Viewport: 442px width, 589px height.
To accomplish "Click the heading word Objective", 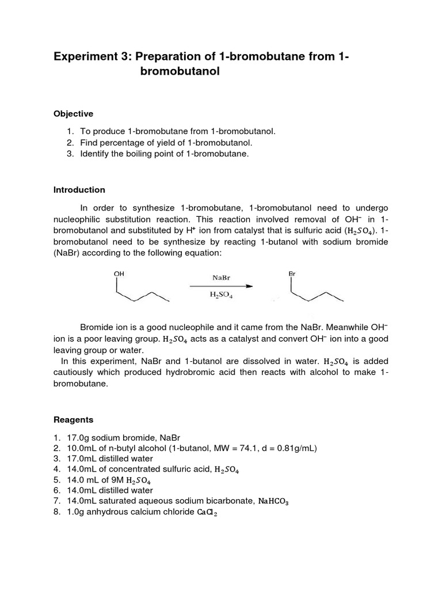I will [73, 114].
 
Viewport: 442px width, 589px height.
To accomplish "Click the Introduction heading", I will [79, 190].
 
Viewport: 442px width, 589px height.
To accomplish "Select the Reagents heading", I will [73, 420].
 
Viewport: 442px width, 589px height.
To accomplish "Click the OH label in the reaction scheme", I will [119, 274].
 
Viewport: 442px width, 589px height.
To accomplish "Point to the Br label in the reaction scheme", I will [292, 274].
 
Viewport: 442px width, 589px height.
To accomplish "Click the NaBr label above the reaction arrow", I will [222, 277].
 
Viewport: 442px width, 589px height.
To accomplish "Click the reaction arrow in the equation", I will [222, 286].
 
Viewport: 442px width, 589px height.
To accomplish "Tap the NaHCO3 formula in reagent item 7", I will [273, 502].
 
